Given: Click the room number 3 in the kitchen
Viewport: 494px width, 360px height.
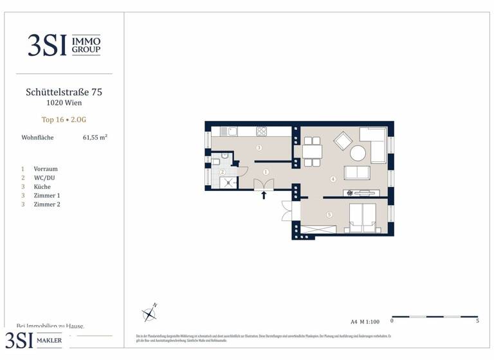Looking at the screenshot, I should point(259,148).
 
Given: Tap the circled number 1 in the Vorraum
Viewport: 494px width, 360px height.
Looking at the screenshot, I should point(265,172).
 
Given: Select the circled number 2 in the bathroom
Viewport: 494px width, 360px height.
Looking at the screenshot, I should point(222,172).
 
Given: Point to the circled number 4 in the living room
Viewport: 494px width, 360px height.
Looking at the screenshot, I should point(333,179).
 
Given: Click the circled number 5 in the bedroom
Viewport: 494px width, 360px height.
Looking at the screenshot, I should point(329,215).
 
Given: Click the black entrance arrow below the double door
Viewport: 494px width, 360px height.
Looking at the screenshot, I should point(264,195).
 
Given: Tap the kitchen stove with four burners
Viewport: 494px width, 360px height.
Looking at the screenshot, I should point(262,132).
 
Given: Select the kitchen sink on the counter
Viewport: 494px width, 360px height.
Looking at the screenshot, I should point(231,132).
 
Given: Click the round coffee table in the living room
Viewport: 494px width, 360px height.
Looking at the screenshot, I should point(358,153).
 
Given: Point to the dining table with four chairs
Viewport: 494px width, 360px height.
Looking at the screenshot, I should point(312,152).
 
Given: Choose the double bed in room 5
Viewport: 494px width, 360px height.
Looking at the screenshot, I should point(361,217).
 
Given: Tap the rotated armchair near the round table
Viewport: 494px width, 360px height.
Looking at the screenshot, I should point(342,140).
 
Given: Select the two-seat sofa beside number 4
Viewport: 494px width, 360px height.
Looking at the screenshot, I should point(357,172).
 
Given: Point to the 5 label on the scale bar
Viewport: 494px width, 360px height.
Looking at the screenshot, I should point(477,321).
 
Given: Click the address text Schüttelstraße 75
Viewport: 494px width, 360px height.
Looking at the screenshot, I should point(64,92).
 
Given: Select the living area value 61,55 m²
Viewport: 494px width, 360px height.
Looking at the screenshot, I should point(95,138).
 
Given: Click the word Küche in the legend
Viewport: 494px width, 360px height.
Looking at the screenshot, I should point(42,187).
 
